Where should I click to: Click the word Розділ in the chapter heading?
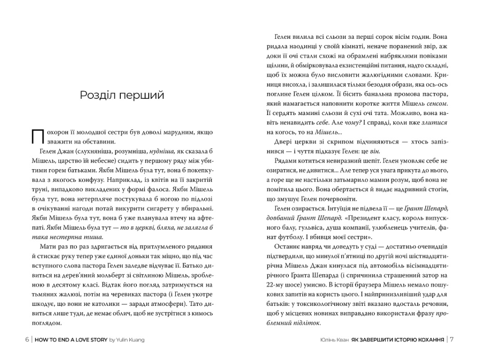tap(97, 95)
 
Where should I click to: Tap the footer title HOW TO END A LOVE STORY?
tap(72, 339)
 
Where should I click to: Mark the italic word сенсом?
tap(437, 104)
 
